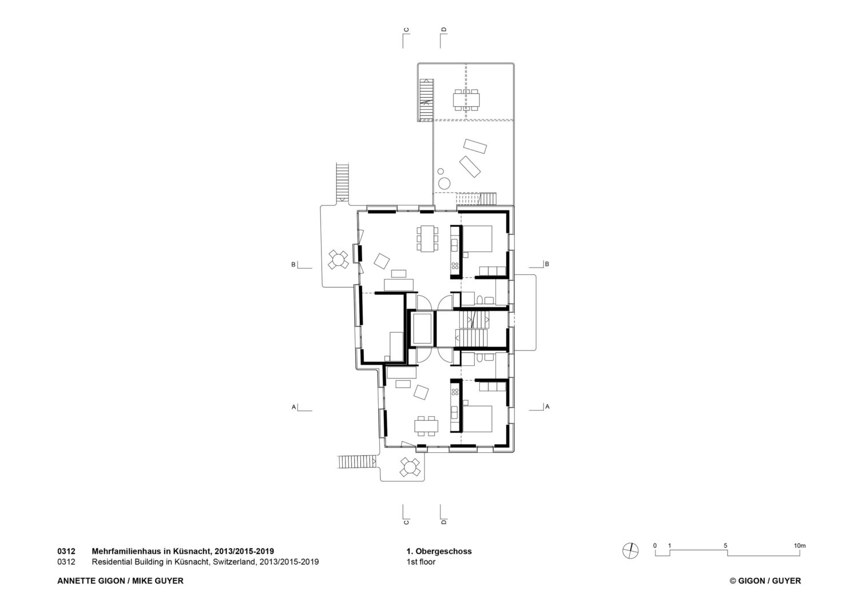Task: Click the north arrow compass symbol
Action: pos(630,551)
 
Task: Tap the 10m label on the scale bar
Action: pos(800,545)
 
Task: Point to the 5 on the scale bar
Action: pos(725,545)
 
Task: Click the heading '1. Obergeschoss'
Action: pos(439,551)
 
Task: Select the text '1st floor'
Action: pos(421,562)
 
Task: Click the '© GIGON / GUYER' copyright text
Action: pos(765,581)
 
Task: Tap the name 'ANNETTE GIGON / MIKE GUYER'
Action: pos(120,581)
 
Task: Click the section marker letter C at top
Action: pos(406,30)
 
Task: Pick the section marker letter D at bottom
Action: pos(444,521)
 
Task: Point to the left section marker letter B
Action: pos(293,264)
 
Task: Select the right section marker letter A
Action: pos(547,406)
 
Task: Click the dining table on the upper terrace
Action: pos(466,100)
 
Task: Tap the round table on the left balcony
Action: pos(338,260)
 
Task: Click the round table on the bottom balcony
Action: pos(410,467)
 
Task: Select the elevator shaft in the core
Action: pos(423,329)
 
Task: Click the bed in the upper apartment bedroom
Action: pos(477,238)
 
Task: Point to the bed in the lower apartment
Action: pos(477,419)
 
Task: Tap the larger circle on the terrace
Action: pos(444,183)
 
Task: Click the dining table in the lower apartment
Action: pos(426,426)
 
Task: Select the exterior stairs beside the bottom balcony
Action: pos(356,462)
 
